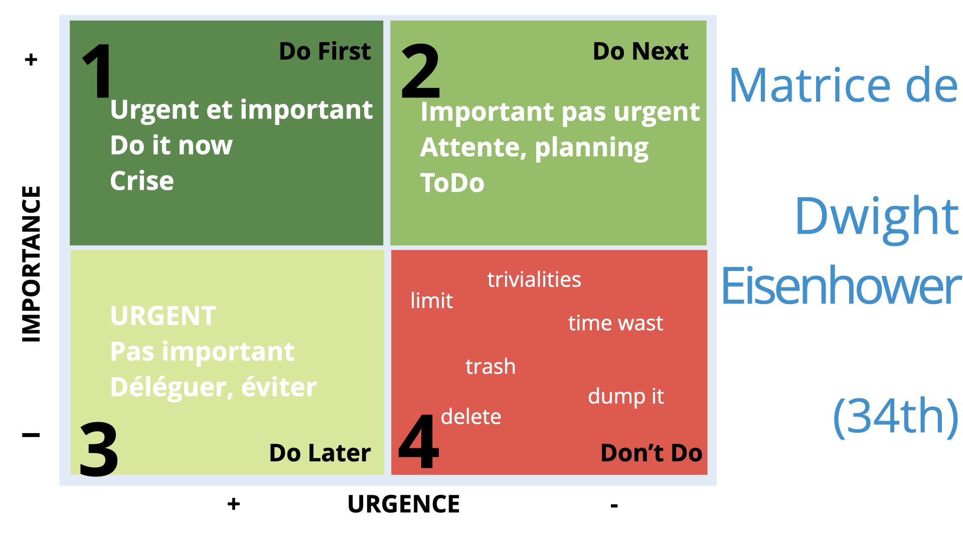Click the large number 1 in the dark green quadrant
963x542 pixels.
98,71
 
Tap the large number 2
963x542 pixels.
421,71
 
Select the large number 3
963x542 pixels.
99,449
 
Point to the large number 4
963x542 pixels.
419,442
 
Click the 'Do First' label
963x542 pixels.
325,51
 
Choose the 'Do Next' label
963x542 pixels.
640,51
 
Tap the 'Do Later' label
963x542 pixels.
320,453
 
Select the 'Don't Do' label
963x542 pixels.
651,453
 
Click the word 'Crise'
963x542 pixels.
142,181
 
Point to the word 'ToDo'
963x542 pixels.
452,183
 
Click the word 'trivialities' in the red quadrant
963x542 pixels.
534,280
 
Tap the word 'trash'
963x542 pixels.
491,366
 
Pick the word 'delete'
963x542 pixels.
471,417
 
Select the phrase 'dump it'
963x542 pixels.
626,396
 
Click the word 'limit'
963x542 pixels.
432,301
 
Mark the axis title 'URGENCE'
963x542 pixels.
403,504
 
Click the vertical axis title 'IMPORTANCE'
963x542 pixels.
31,264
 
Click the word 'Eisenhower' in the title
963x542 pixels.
841,286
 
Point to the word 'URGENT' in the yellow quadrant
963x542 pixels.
163,316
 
